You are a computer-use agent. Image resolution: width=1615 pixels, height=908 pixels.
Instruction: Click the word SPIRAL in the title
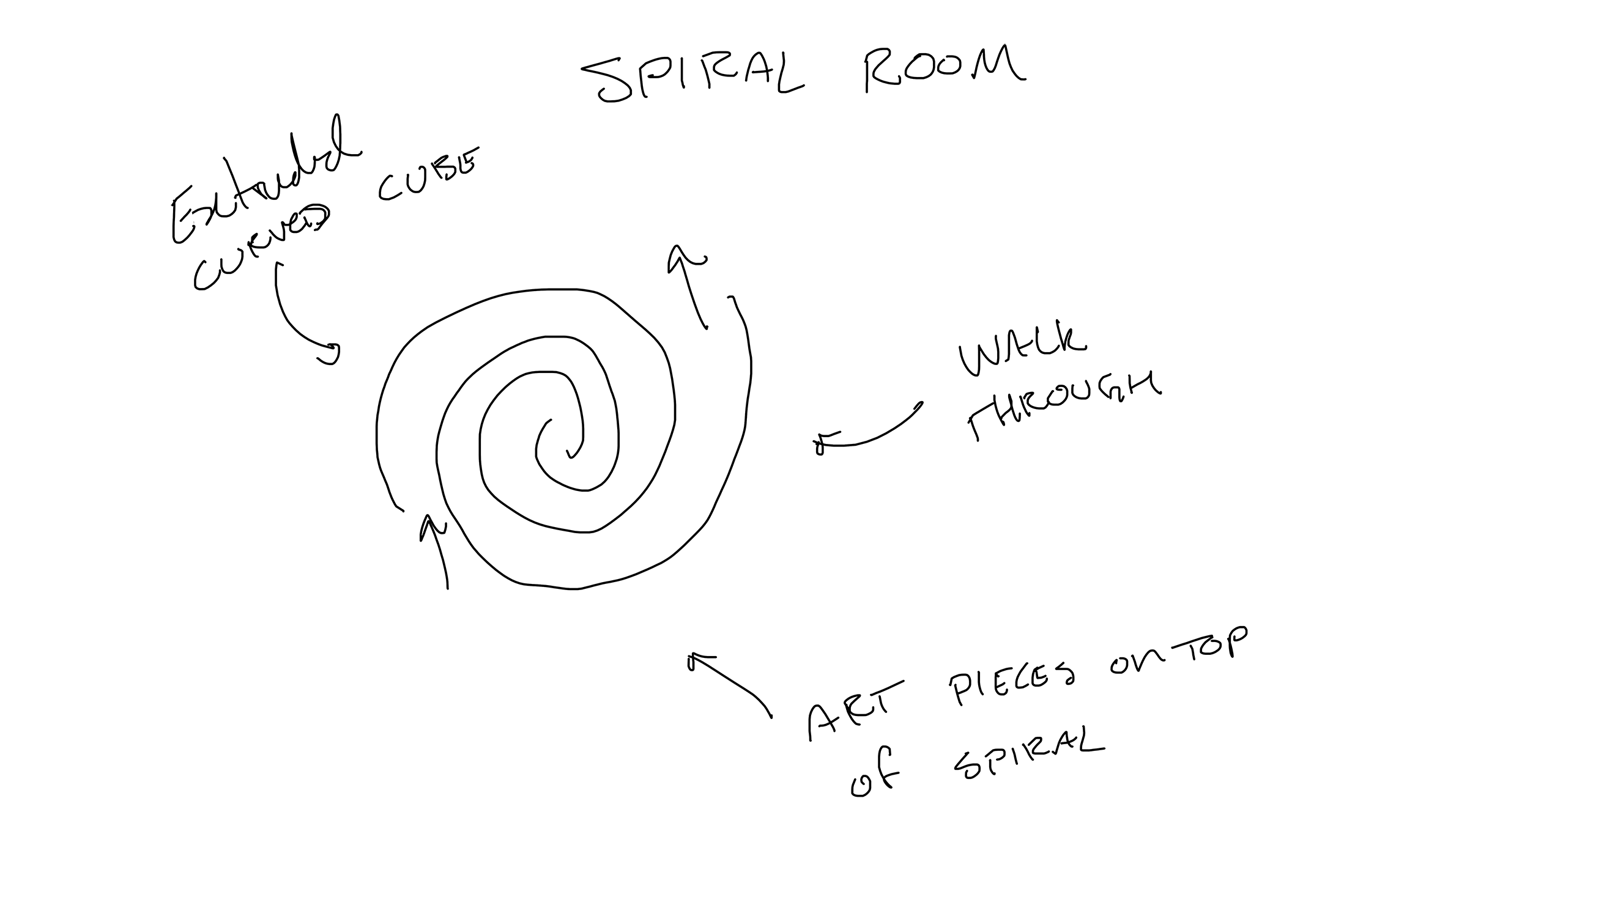(692, 78)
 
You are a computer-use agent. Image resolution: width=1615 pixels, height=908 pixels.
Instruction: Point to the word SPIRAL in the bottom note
(1028, 755)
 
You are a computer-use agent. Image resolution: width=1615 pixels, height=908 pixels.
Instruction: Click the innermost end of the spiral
(569, 452)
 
